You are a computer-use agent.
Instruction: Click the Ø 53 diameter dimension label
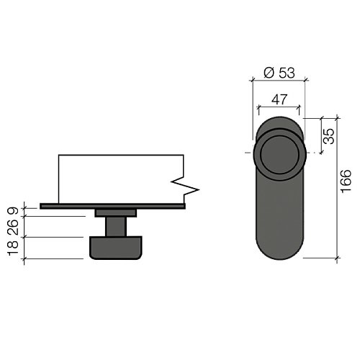click(x=279, y=73)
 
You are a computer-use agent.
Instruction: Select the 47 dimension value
click(x=279, y=99)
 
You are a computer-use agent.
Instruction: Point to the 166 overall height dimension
click(x=346, y=181)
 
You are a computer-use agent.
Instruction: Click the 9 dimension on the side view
click(x=13, y=211)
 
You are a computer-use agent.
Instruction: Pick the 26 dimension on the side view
click(x=13, y=227)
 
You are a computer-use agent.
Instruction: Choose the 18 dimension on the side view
click(x=13, y=248)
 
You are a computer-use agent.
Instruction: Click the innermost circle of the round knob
click(x=279, y=155)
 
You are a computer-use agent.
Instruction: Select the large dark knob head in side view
click(x=116, y=248)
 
